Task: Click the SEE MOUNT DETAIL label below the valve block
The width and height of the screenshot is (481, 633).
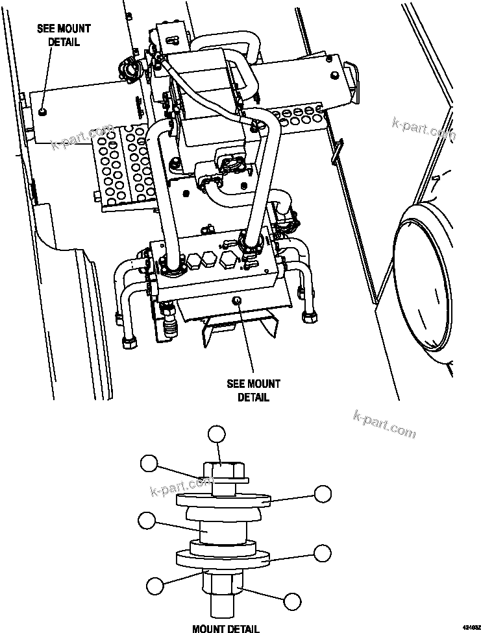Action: [x=253, y=390]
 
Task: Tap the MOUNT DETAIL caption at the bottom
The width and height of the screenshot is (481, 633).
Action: [x=225, y=627]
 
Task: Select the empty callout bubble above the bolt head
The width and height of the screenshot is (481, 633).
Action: [x=216, y=435]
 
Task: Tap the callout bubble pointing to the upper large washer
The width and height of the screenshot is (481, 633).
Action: [x=323, y=494]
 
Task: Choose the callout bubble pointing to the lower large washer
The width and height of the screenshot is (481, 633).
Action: [x=323, y=553]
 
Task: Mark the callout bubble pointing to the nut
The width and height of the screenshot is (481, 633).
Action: [x=293, y=601]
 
